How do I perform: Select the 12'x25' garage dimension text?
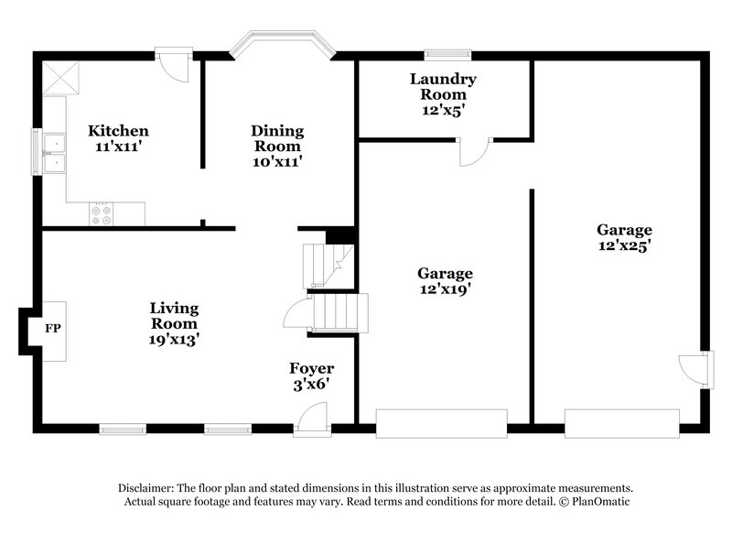point(624,245)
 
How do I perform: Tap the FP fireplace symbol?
point(53,328)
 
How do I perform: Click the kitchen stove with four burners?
point(102,214)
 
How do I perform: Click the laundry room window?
point(444,54)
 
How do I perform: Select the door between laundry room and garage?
point(476,149)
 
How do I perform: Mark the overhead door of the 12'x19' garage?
point(441,423)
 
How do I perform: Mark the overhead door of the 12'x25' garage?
point(622,423)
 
